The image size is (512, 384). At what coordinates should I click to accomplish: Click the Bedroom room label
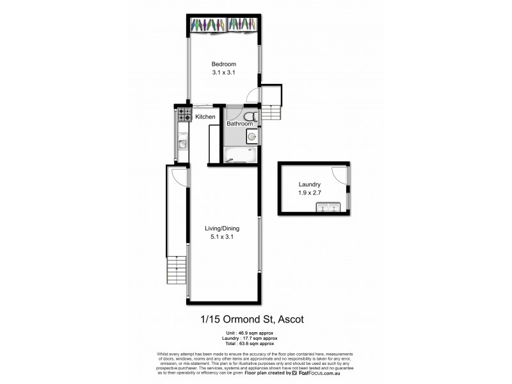224,64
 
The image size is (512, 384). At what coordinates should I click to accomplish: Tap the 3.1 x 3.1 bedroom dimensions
224,73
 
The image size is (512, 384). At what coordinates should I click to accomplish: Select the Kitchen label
205,116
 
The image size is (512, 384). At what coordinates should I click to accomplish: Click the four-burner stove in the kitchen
184,115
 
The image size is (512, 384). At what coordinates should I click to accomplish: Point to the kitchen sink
182,144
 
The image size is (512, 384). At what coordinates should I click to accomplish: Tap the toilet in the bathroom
251,116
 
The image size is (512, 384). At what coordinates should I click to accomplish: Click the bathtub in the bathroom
241,154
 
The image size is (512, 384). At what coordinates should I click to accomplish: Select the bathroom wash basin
252,136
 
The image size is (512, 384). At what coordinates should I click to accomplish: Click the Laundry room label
308,184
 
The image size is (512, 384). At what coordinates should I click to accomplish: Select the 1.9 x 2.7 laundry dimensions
308,193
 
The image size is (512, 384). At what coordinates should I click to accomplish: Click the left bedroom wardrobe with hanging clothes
207,24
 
